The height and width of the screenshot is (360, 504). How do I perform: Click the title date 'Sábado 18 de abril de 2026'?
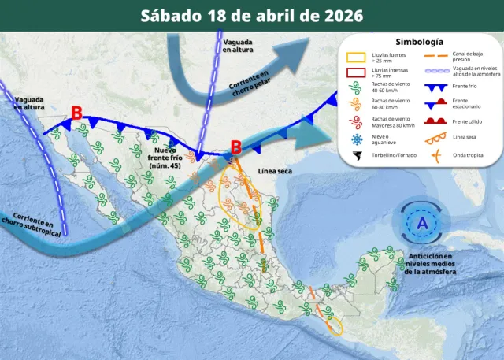(x=252, y=15)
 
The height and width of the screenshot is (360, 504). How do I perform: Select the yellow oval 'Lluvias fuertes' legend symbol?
(x=358, y=58)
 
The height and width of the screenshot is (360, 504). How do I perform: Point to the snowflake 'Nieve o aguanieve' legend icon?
(x=358, y=139)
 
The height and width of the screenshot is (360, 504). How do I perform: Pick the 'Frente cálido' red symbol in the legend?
(x=436, y=121)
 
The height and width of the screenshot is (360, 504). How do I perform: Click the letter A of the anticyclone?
(x=422, y=223)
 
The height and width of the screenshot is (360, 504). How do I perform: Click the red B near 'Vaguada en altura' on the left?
(x=76, y=113)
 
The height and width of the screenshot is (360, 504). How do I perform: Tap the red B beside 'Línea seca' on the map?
(x=235, y=147)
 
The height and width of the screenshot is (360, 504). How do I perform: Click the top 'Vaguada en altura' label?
(x=238, y=46)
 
